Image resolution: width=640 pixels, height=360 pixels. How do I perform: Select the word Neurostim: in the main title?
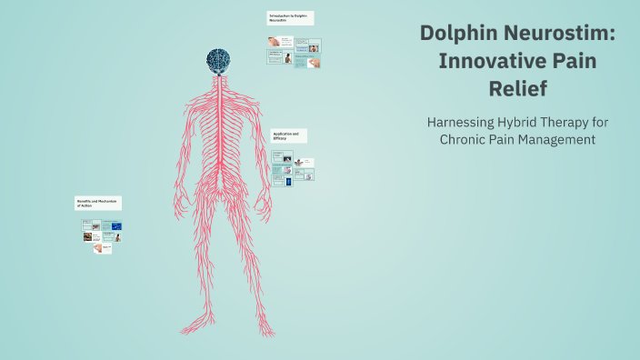point(561,34)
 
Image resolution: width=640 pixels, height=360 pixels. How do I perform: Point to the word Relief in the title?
point(517,90)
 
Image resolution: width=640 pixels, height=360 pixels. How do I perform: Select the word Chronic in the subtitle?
point(465,140)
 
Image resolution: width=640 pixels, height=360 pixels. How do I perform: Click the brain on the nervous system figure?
point(216,60)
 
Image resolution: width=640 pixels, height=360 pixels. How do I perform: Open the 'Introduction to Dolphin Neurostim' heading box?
point(290,17)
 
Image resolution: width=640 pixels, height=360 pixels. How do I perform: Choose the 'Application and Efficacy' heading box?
point(288,135)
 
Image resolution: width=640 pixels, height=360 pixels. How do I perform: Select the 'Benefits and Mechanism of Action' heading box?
point(98,204)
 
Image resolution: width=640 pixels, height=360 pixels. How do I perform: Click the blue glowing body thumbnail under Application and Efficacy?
point(289,182)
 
